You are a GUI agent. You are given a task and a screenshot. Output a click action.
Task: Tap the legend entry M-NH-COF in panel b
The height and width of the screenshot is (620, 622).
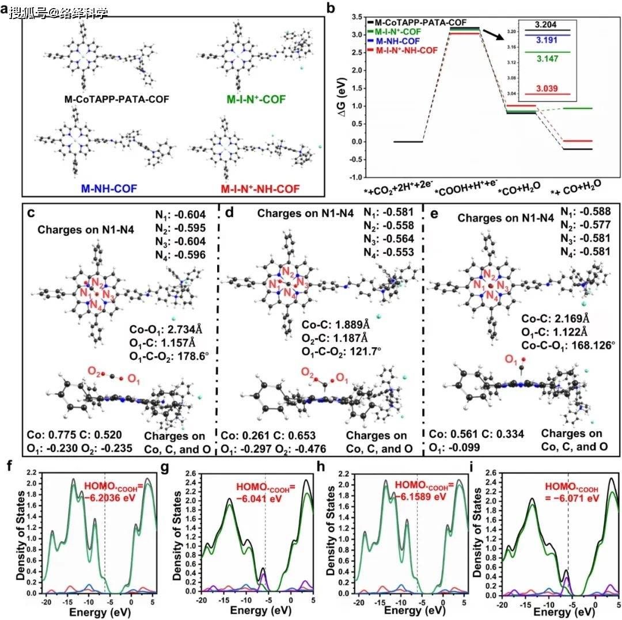(399, 41)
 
